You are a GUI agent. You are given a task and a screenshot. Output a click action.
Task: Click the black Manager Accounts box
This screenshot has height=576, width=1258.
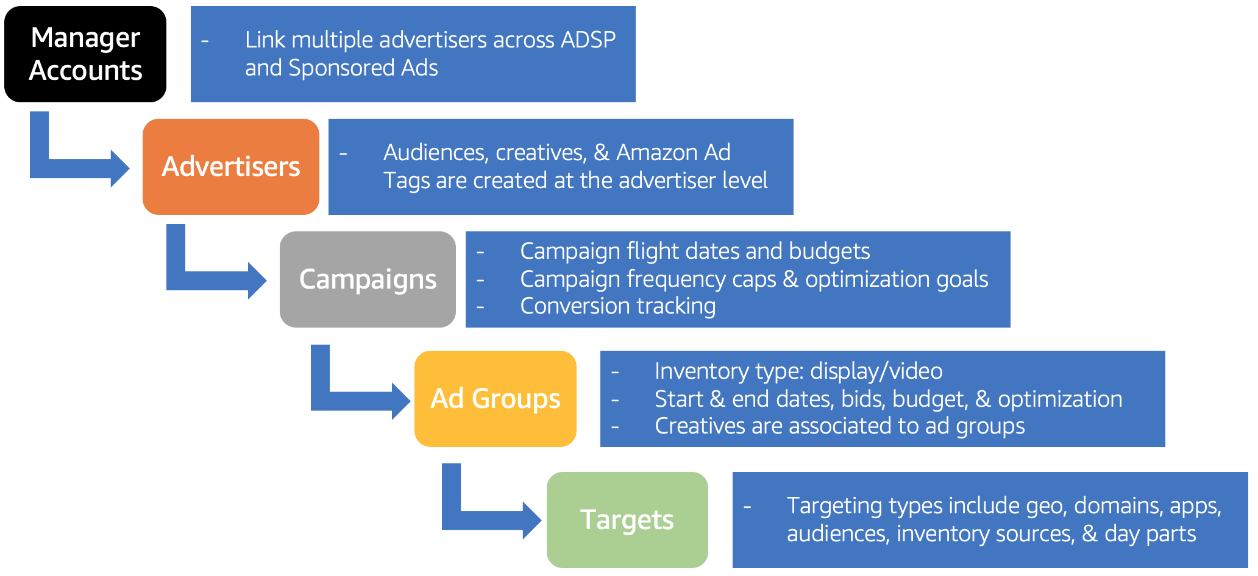pos(85,54)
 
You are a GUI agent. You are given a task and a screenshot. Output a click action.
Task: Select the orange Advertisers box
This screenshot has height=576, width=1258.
pos(231,167)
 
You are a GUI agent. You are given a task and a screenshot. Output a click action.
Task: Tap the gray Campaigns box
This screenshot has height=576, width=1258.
pos(368,279)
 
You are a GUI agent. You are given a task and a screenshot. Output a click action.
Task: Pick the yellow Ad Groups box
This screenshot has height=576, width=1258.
pos(496,399)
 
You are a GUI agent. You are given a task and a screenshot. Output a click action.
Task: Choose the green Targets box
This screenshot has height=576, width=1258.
pos(627,520)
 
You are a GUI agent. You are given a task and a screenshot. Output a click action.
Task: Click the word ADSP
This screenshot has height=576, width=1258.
pos(588,40)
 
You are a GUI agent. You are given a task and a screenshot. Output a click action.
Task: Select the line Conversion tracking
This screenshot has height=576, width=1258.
pos(618,306)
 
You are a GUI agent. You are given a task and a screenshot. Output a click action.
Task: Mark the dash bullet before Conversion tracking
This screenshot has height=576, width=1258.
pos(480,306)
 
